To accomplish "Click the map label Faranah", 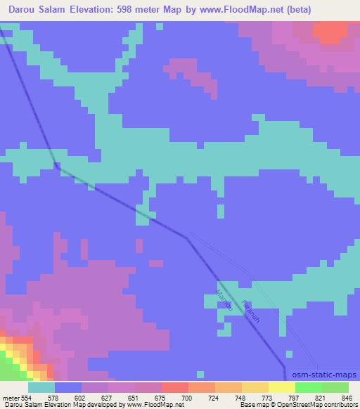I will pos(250,311).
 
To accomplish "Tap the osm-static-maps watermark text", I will pos(326,375).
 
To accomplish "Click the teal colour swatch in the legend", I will pos(41,387).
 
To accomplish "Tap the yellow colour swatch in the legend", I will pos(282,387).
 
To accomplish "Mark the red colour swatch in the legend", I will pos(175,387).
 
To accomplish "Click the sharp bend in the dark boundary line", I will pos(187,238).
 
